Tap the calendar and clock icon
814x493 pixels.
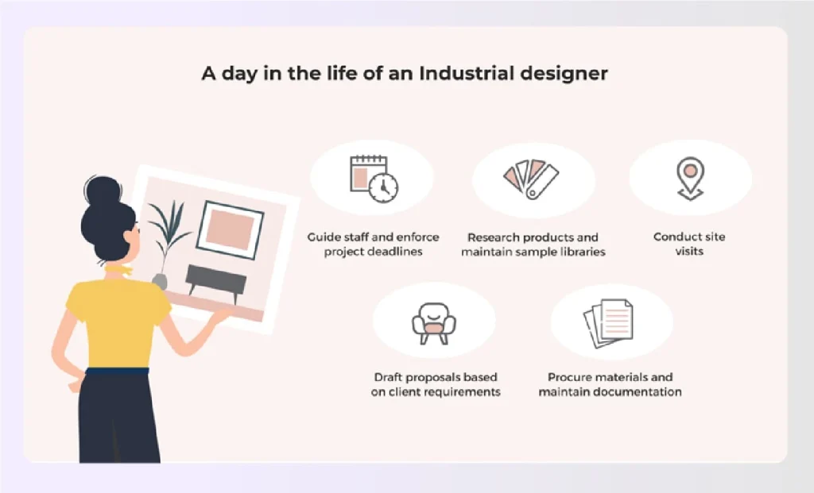click(374, 179)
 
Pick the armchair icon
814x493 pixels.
click(433, 321)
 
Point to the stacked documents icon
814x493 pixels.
click(609, 322)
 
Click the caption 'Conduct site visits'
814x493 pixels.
click(689, 244)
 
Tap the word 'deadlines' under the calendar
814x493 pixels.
click(395, 252)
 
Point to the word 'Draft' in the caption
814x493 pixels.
click(391, 377)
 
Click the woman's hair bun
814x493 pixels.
click(103, 191)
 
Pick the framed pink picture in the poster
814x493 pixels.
click(231, 229)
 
